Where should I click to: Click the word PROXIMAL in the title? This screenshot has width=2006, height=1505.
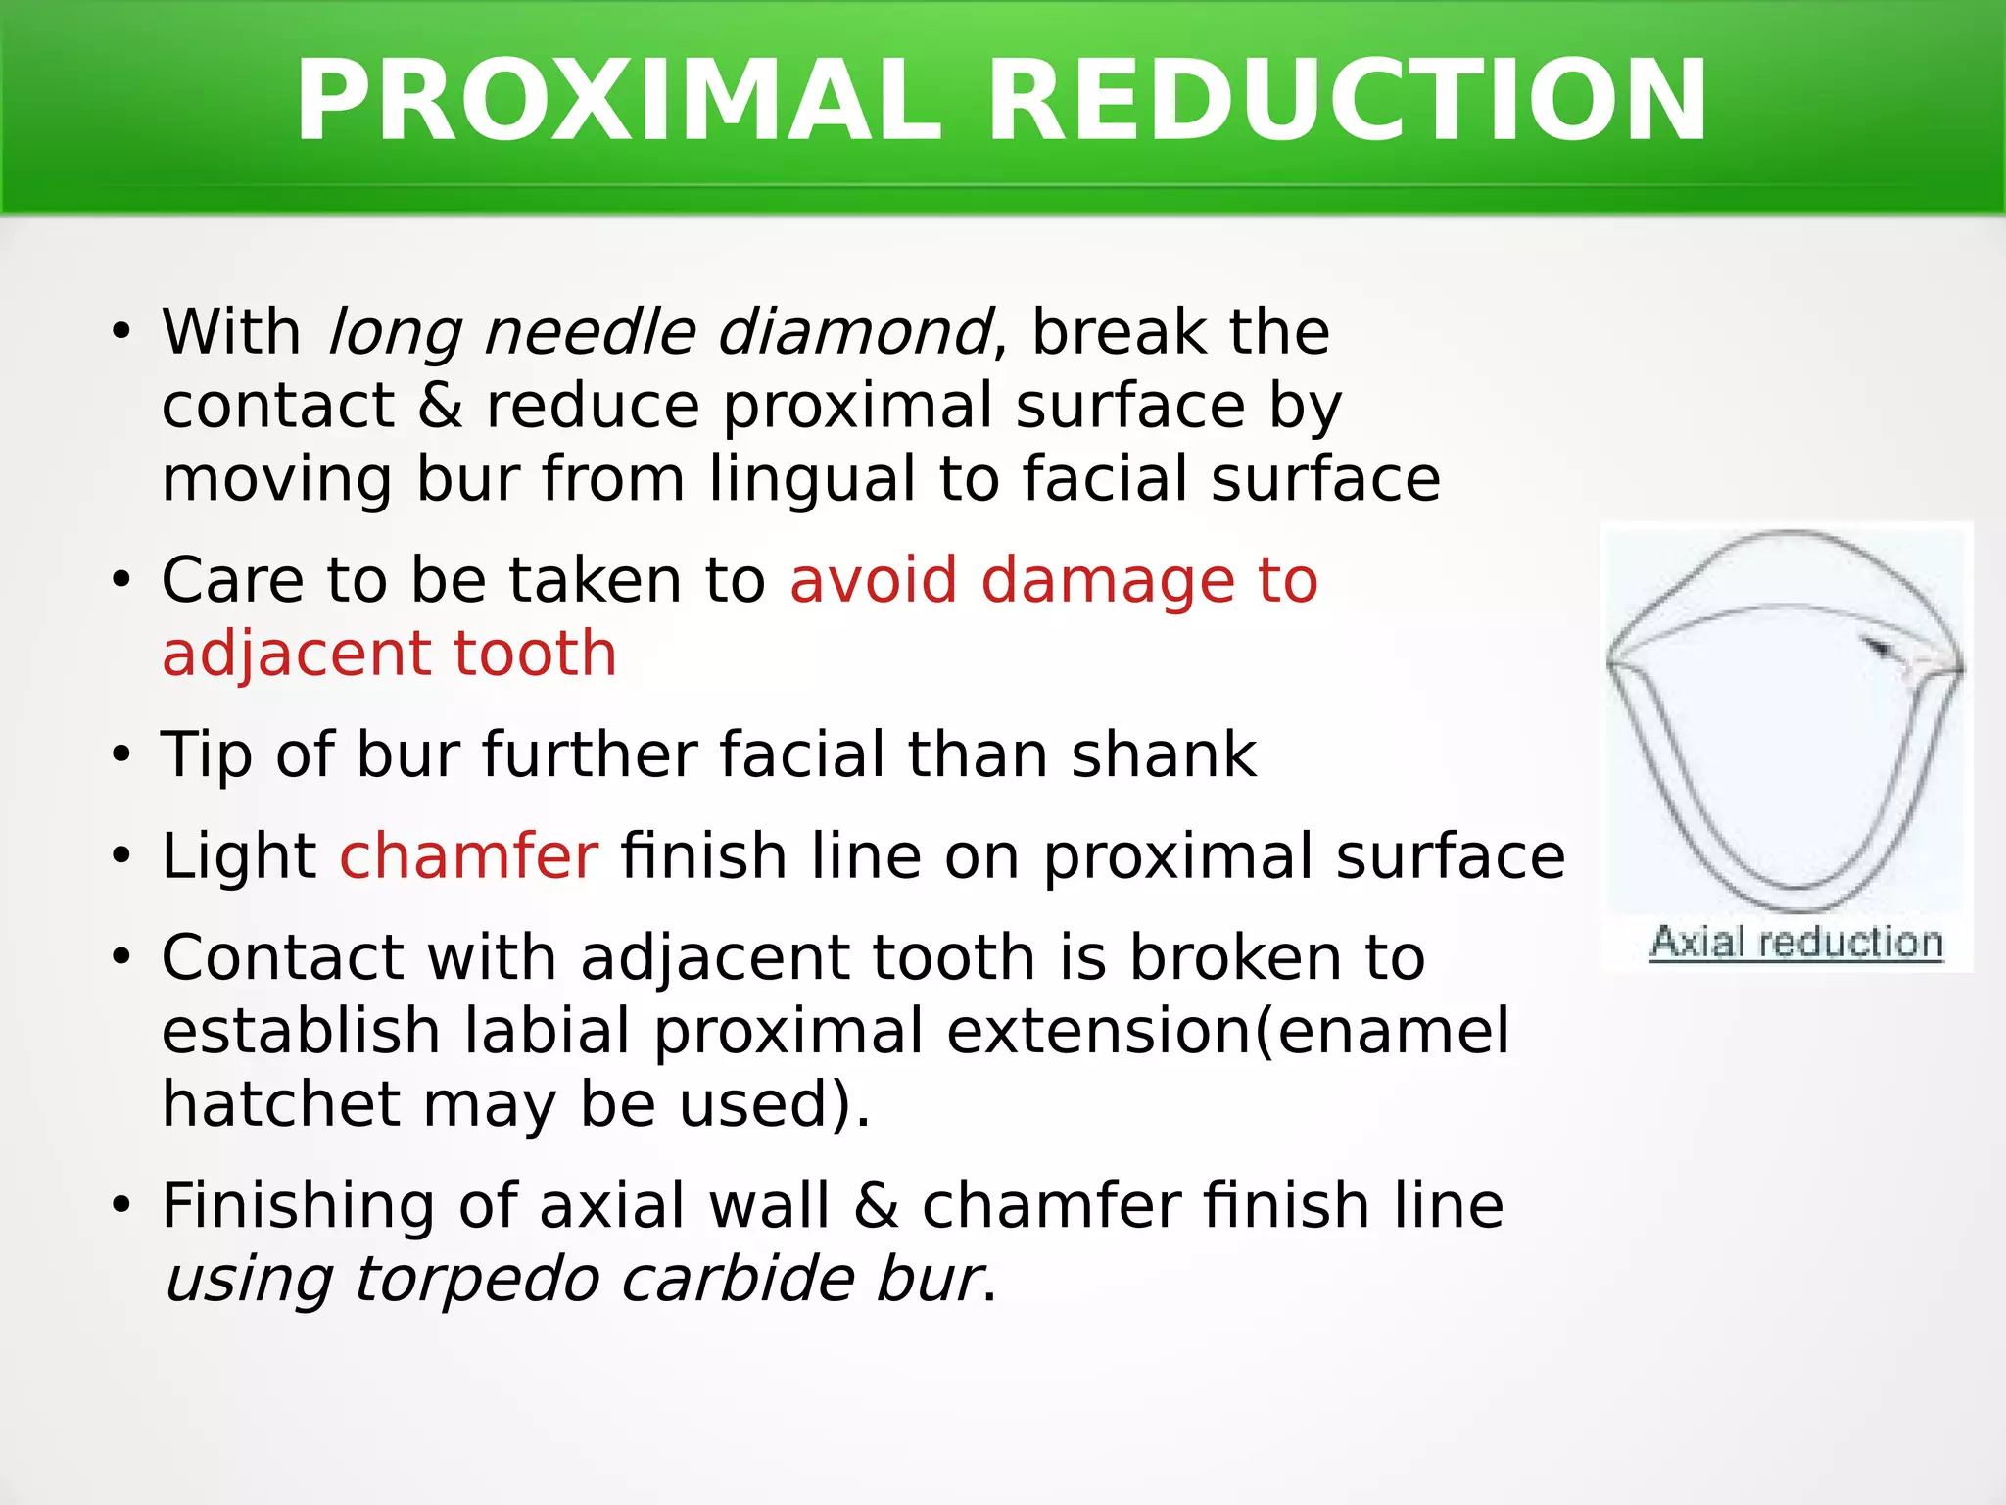(x=617, y=102)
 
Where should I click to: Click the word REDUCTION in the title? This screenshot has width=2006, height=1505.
(x=1347, y=102)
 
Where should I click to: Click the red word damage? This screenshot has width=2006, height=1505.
(x=1108, y=580)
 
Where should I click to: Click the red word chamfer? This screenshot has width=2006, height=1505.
(x=468, y=856)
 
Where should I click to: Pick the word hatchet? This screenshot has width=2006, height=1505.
(x=281, y=1104)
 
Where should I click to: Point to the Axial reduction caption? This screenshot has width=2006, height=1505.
(x=1796, y=943)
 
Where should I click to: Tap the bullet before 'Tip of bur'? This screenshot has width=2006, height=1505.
(x=120, y=756)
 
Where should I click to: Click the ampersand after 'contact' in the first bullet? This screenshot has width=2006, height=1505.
(x=441, y=406)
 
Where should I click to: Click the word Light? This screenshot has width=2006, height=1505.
(x=239, y=856)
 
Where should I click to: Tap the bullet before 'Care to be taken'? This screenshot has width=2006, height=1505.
(x=120, y=581)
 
